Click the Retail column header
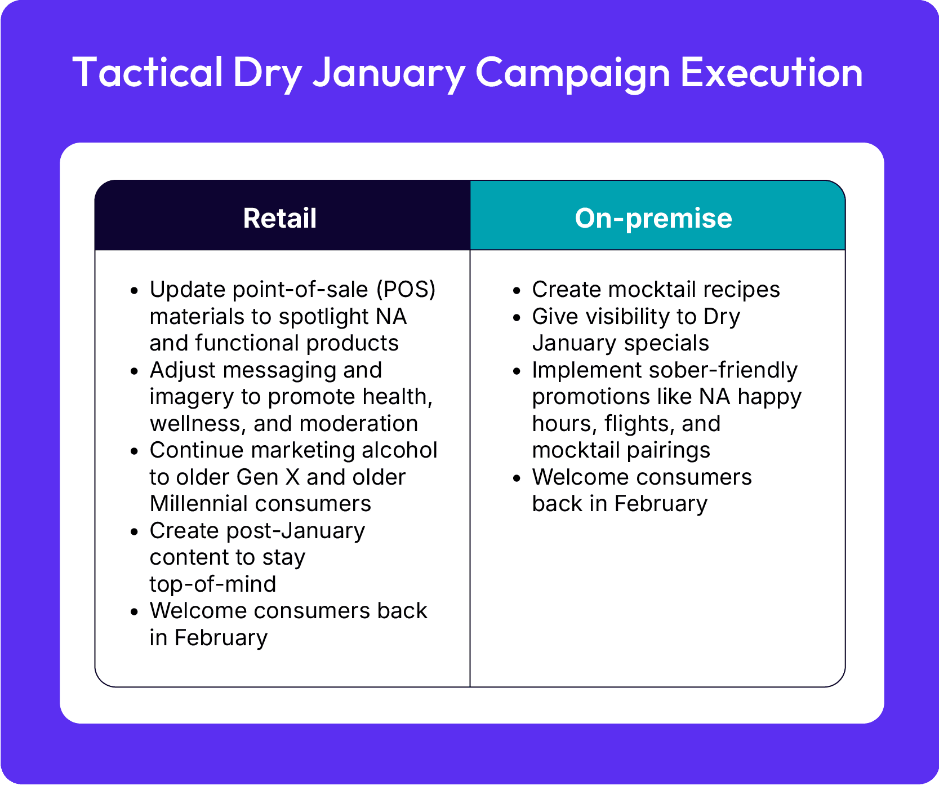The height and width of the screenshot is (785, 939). [x=280, y=218]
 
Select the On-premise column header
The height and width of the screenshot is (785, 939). [x=653, y=218]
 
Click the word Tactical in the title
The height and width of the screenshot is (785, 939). [x=148, y=72]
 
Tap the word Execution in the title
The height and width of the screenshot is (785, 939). [x=771, y=72]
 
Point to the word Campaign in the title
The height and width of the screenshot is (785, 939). [x=573, y=73]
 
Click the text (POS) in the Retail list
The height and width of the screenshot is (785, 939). [x=406, y=290]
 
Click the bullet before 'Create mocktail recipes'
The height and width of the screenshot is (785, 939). [x=517, y=291]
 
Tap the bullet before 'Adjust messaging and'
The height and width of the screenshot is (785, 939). [x=134, y=371]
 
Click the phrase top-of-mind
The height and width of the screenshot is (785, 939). [x=213, y=584]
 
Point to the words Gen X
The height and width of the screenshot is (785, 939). [x=268, y=477]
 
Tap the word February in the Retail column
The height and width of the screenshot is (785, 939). [x=221, y=638]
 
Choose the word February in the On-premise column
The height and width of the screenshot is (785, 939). [x=661, y=504]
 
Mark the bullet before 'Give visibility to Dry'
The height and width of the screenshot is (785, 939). [x=517, y=318]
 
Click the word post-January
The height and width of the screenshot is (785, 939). [x=296, y=531]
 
